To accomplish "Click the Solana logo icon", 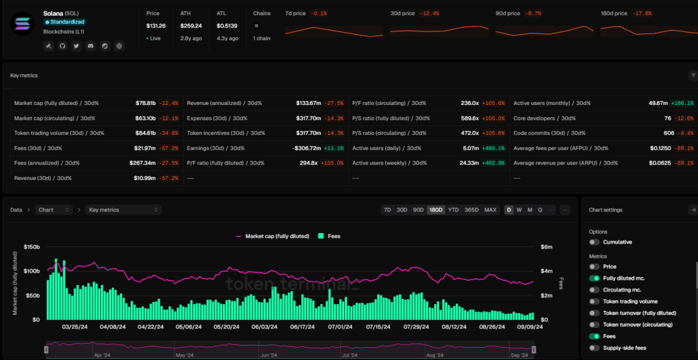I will click(22, 22).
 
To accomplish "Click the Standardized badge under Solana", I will click(64, 22).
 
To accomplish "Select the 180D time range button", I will click(435, 210).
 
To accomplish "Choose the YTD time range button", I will click(453, 210).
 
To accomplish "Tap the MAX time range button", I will click(490, 210).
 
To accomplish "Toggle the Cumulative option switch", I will click(595, 242).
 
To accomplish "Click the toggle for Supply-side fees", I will click(595, 348).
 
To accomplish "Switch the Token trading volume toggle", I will click(595, 301).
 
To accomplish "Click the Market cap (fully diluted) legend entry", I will click(272, 236).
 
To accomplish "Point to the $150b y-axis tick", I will click(32, 247).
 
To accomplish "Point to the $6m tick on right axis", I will click(546, 247).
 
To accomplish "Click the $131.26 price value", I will click(155, 26).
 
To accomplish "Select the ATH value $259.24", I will click(192, 26).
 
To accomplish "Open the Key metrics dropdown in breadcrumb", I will click(123, 210).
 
